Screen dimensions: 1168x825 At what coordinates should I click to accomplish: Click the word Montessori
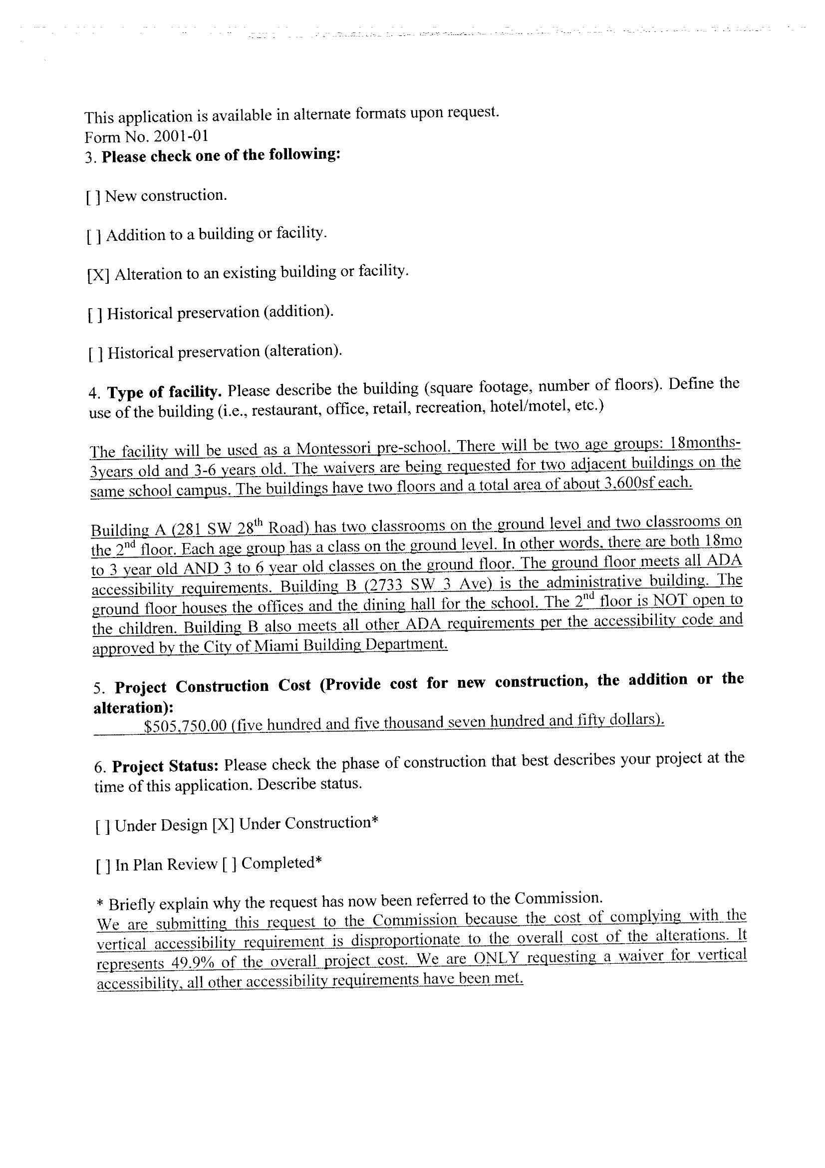[337, 448]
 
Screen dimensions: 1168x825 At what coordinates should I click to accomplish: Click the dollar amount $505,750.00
[185, 725]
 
